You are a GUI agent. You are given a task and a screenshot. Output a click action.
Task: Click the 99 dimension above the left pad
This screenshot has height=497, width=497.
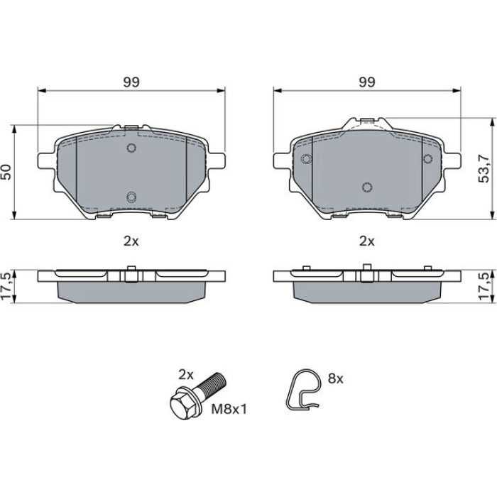(x=131, y=82)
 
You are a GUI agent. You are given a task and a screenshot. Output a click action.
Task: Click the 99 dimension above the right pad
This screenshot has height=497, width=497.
(x=367, y=82)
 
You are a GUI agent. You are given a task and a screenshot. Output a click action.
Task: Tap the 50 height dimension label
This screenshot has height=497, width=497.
(x=6, y=172)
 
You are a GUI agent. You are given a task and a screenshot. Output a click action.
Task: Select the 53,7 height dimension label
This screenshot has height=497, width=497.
(x=484, y=168)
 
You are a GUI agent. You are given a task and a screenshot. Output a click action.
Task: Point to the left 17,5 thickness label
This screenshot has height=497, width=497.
(x=6, y=287)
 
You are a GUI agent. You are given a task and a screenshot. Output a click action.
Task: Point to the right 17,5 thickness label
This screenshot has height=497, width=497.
(x=484, y=287)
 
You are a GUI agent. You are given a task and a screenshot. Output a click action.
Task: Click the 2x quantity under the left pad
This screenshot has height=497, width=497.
(x=131, y=241)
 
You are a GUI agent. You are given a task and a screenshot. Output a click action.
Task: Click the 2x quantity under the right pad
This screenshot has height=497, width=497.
(x=367, y=241)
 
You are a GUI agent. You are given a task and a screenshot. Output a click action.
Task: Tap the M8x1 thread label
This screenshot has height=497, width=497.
(x=229, y=409)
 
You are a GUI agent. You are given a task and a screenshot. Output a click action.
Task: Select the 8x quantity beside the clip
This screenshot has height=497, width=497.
(x=335, y=378)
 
